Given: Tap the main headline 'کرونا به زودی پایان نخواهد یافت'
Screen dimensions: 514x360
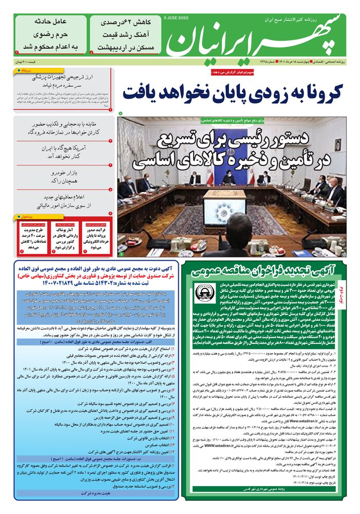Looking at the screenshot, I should tap(234, 92).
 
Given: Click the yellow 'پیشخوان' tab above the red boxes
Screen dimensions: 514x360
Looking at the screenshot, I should tap(31, 216).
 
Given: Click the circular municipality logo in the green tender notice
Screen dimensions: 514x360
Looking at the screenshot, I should tap(205, 294).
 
